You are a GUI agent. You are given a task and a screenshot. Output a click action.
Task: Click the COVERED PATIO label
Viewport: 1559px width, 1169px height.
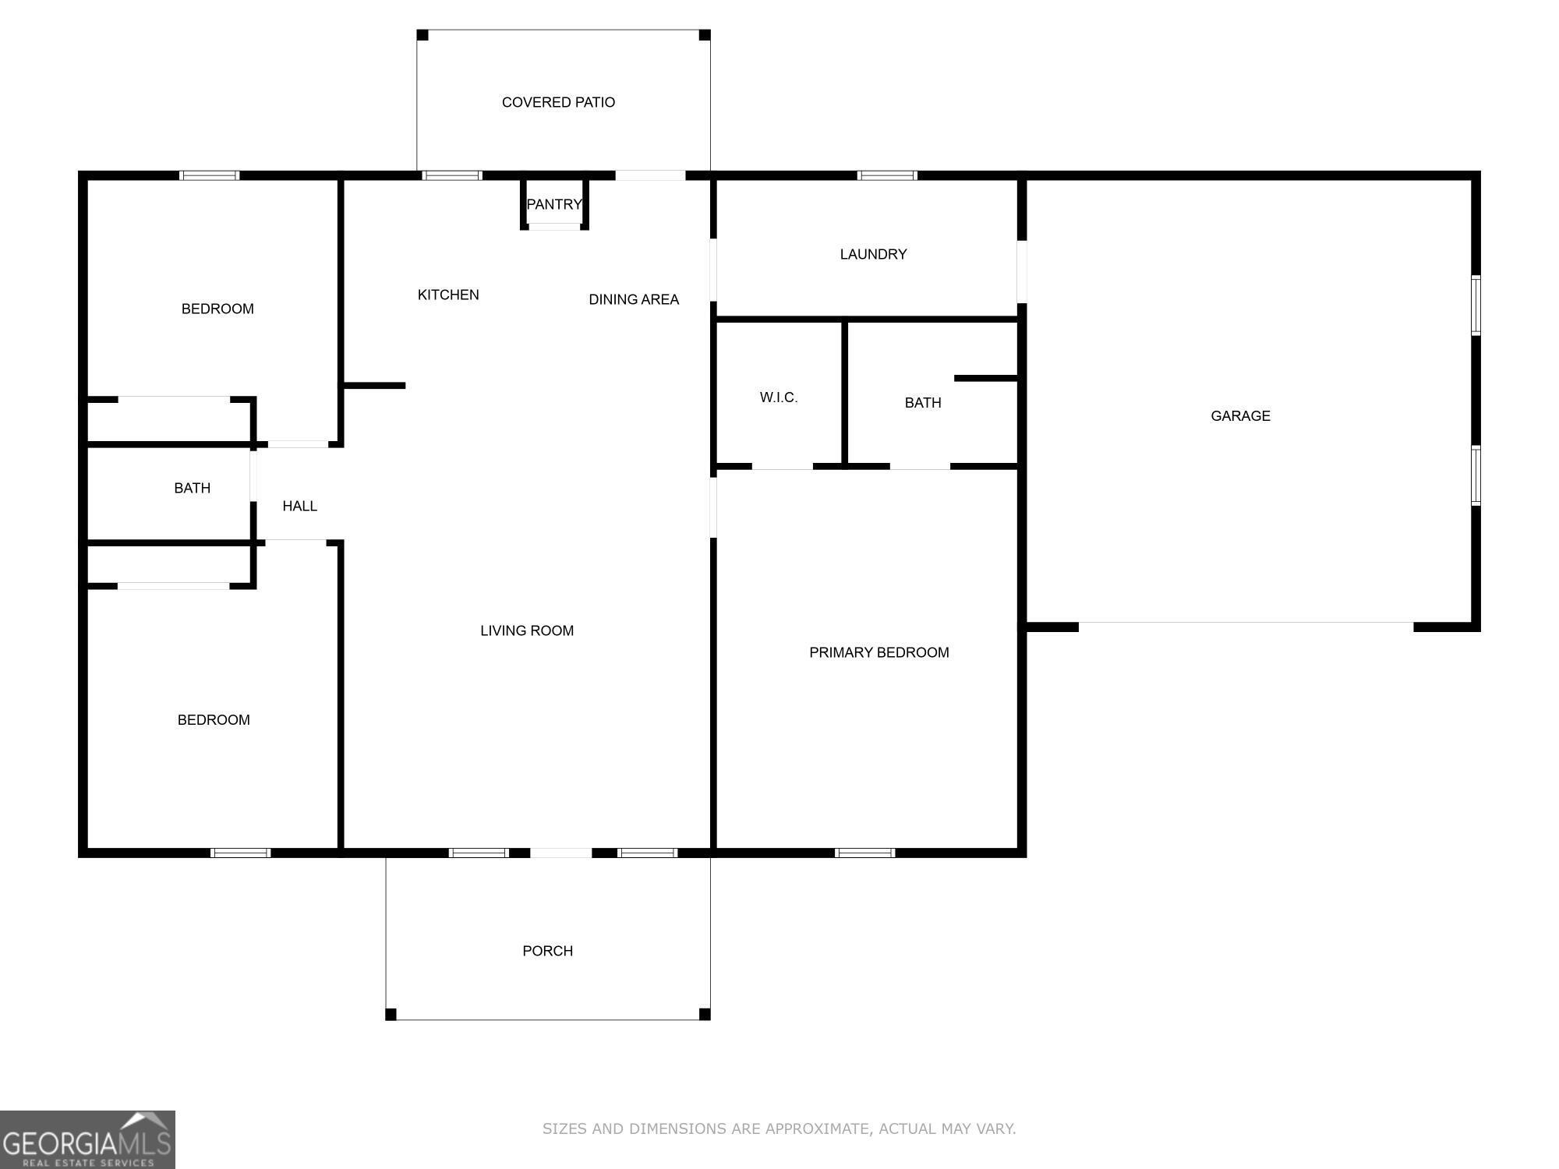coord(558,102)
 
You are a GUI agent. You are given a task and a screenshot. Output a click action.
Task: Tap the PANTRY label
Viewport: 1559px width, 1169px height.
coord(553,204)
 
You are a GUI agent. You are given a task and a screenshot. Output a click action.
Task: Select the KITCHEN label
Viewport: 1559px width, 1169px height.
coord(448,295)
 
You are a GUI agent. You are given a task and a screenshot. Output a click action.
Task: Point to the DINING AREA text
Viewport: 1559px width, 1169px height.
coord(633,299)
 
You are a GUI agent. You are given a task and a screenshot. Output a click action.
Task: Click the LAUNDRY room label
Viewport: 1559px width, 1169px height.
coord(873,254)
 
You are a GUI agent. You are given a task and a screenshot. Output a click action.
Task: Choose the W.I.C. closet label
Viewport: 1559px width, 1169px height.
coord(778,397)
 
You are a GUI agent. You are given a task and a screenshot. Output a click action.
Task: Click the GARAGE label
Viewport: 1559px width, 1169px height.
coord(1240,416)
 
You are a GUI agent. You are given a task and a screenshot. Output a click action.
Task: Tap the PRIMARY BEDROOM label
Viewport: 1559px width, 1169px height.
coord(878,652)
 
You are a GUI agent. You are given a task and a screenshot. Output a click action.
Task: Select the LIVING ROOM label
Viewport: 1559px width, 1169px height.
coord(527,630)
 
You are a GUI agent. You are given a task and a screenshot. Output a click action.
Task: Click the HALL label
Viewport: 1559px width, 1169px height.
coord(299,506)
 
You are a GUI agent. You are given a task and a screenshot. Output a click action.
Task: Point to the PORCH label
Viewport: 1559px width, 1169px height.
coord(547,951)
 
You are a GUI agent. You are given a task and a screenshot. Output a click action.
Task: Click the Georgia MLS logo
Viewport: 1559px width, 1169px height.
coord(87,1139)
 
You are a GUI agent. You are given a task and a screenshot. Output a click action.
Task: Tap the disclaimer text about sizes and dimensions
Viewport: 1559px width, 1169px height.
coord(779,1128)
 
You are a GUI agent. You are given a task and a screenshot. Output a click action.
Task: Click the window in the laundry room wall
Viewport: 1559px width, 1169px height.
coord(887,175)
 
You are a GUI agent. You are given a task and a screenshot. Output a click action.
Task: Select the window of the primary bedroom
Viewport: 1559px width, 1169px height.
coord(864,853)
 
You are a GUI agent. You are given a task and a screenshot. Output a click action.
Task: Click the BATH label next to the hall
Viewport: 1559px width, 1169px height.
coord(192,488)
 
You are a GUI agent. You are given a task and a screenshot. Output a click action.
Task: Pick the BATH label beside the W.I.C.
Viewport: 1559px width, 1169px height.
coord(923,403)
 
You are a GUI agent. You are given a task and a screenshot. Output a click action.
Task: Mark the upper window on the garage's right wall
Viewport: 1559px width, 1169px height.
coord(1476,305)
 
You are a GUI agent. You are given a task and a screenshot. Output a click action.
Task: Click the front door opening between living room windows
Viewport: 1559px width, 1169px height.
coord(561,853)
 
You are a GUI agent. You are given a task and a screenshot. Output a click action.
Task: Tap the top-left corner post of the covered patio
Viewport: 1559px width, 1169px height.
coord(422,35)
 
